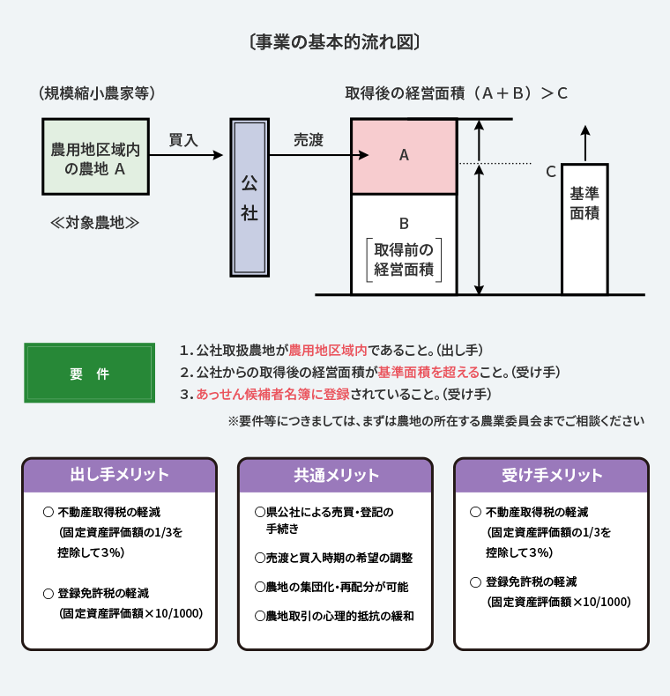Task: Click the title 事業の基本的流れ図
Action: coord(334,42)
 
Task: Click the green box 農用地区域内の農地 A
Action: coord(95,157)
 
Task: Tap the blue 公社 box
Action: coord(249,197)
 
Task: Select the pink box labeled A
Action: coord(404,156)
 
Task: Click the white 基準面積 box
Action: coord(584,228)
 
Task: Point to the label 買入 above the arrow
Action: coord(183,140)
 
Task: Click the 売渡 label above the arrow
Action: coord(309,140)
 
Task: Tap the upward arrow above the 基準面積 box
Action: coord(585,143)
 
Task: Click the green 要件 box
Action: coord(90,373)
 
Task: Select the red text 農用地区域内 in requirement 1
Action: coord(328,351)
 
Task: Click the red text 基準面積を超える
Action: coord(428,372)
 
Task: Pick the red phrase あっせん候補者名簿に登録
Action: coord(272,394)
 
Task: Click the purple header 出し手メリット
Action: coord(120,475)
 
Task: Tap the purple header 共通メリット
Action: coord(336,475)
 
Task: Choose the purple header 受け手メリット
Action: coord(551,475)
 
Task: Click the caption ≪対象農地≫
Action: coord(94,222)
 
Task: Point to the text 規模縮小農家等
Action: coord(97,93)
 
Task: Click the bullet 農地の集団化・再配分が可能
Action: coord(331,587)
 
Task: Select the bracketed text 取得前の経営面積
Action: coord(404,260)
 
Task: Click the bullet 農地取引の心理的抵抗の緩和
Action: coord(334,616)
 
